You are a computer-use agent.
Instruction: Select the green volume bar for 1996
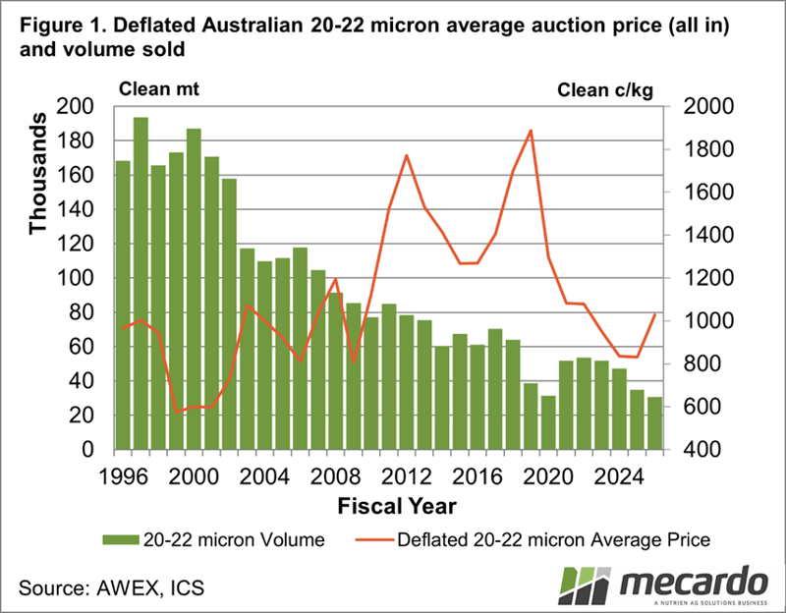[x=123, y=305]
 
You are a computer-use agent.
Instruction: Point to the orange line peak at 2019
[x=531, y=131]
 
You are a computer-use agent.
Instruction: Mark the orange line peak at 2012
[x=406, y=155]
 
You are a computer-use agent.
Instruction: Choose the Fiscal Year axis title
[x=389, y=505]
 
